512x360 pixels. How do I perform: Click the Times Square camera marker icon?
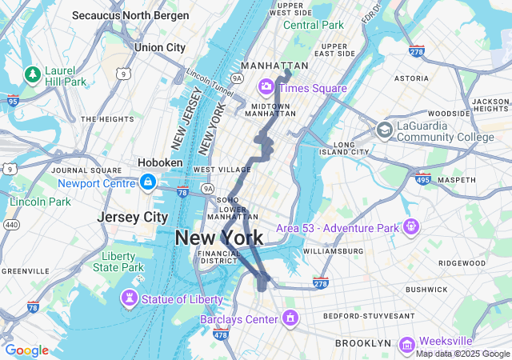[266, 86]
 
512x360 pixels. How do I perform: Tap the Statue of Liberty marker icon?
[129, 298]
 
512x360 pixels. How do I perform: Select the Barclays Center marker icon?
[290, 318]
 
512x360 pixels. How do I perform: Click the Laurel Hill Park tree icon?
[33, 74]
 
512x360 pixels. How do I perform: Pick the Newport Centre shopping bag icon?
[147, 183]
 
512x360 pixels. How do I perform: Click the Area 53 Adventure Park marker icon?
[411, 227]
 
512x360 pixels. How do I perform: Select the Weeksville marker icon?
[406, 342]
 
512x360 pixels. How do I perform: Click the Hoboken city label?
[161, 162]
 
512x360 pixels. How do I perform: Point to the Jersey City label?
[133, 217]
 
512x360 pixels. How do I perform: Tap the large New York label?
[218, 238]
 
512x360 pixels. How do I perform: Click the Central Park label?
[314, 25]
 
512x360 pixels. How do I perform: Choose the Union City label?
[160, 47]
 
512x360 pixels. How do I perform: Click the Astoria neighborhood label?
[411, 78]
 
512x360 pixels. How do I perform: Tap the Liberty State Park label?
[118, 262]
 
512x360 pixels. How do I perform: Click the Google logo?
[26, 350]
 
